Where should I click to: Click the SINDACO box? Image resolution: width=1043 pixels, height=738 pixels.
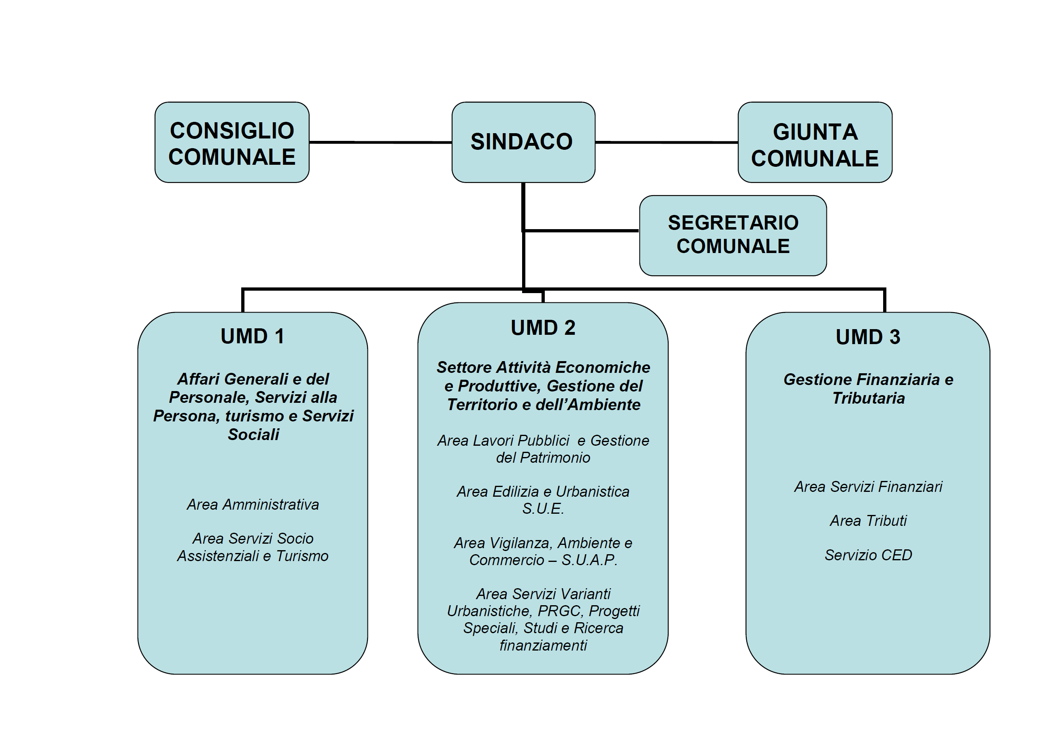pos(523,142)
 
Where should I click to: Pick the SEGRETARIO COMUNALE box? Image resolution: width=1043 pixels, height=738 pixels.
pos(732,235)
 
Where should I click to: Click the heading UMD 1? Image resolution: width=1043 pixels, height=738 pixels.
pos(253,336)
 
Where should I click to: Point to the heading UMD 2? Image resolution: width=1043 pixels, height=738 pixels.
pos(543,328)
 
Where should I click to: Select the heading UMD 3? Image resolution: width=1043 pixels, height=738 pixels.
pos(868,337)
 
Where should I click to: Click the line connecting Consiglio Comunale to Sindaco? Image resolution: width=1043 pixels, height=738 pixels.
pos(380,142)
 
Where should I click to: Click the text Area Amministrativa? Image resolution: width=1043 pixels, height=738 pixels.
pos(253,504)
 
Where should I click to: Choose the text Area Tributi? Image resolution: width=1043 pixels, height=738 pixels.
pos(868,521)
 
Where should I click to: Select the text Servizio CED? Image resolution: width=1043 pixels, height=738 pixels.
pos(868,555)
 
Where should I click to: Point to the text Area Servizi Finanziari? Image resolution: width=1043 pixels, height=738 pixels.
pos(868,487)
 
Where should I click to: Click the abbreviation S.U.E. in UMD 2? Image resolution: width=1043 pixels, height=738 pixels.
pos(543,508)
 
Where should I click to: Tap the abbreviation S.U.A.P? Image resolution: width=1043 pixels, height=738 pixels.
pos(589,560)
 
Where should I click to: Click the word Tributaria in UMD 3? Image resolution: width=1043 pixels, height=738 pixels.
pos(868,398)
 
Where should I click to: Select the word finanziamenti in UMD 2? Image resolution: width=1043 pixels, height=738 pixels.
pos(543,645)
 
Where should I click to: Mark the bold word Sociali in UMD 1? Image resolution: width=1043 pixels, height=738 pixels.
pos(253,434)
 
